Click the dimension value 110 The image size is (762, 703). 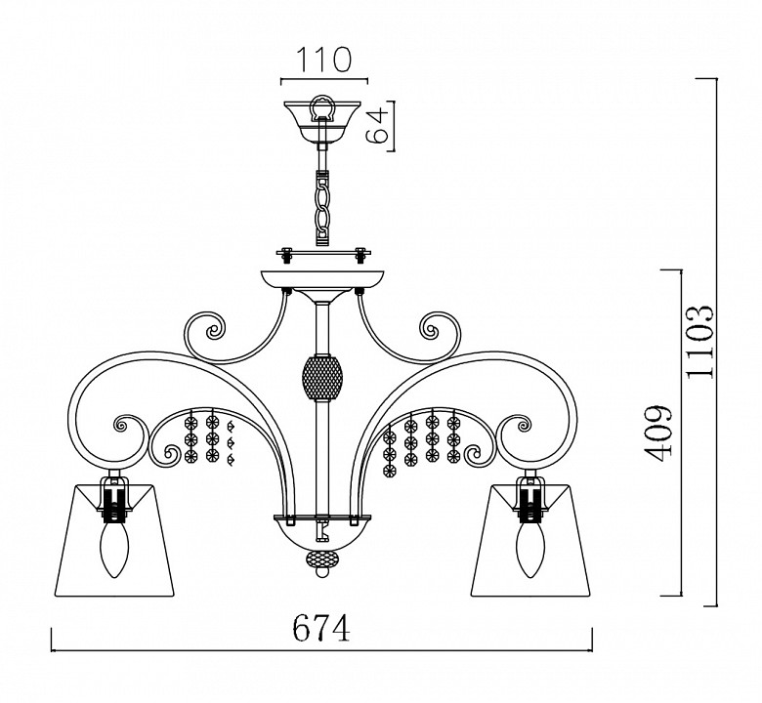pyautogui.click(x=323, y=61)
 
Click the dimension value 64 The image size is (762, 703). pyautogui.click(x=378, y=125)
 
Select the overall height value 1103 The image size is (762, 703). pyautogui.click(x=699, y=342)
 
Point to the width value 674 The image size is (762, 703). pyautogui.click(x=321, y=627)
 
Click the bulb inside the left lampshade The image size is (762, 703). pyautogui.click(x=113, y=552)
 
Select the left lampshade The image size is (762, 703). pyautogui.click(x=113, y=540)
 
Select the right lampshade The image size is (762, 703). pyautogui.click(x=530, y=540)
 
